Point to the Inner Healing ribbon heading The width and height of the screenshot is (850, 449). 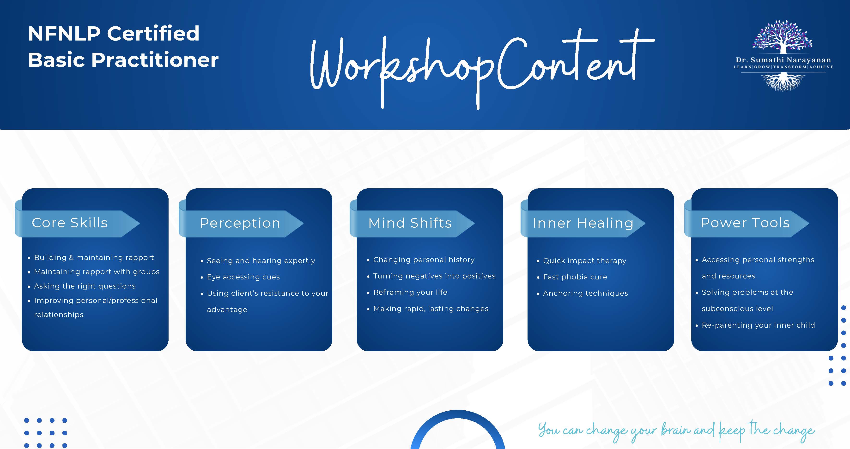pos(583,224)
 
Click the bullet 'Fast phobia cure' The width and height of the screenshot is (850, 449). pos(575,277)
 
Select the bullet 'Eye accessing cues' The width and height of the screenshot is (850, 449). pos(243,277)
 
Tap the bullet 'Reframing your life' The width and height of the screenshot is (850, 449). pos(410,292)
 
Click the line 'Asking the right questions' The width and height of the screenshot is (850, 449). pos(85,286)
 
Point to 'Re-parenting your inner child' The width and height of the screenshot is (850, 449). pos(758,325)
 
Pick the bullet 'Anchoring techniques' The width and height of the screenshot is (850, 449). pos(585,293)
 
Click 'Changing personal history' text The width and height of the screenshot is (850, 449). pos(424,260)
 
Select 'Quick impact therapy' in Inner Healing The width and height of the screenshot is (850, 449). pos(584,261)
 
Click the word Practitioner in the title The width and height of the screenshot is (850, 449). pos(155,60)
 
